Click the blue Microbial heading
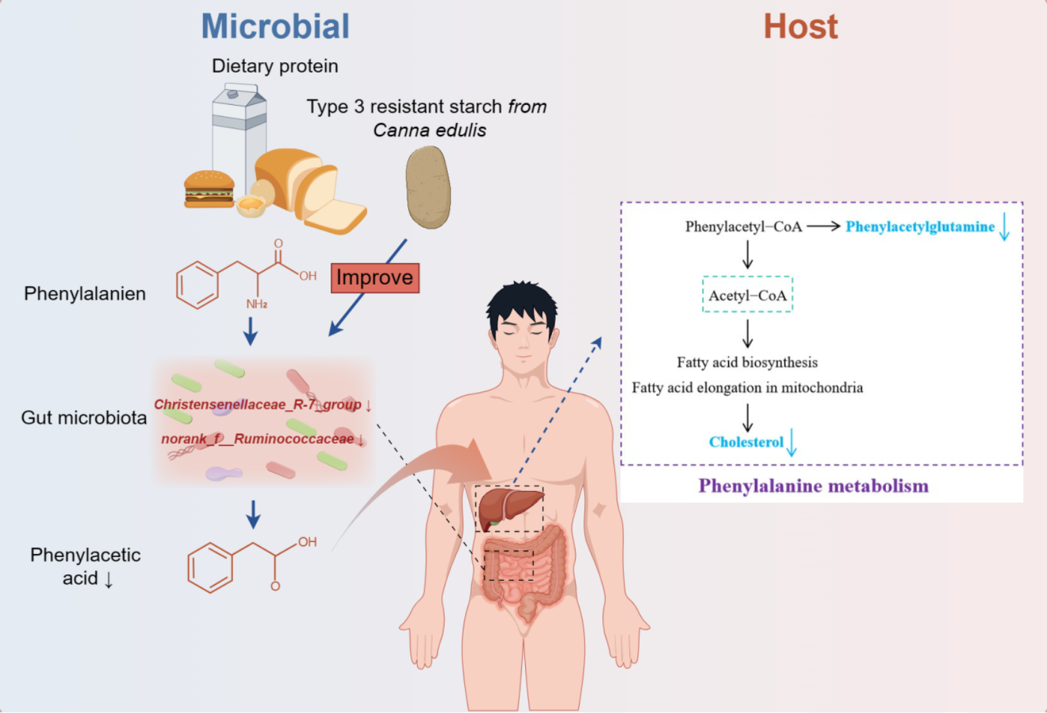click(275, 27)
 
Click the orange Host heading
click(800, 27)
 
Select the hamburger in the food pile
click(209, 189)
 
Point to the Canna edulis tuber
click(428, 187)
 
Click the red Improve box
click(375, 278)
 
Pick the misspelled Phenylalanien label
click(85, 293)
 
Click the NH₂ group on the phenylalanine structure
click(257, 304)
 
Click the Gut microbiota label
click(84, 418)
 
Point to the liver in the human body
click(509, 508)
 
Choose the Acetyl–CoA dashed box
click(747, 295)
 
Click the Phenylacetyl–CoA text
click(743, 227)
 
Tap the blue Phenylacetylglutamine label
click(920, 227)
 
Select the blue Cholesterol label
click(746, 442)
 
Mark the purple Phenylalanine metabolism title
click(813, 486)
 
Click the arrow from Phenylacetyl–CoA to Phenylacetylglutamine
click(823, 227)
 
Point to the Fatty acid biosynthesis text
click(747, 362)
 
